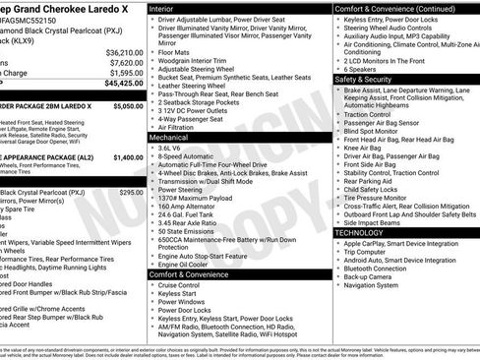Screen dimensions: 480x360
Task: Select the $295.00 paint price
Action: [132, 192]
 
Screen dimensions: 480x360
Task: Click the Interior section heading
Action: [167, 7]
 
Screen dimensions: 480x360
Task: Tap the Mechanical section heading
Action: [175, 139]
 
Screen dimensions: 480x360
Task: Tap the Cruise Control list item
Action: [182, 284]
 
